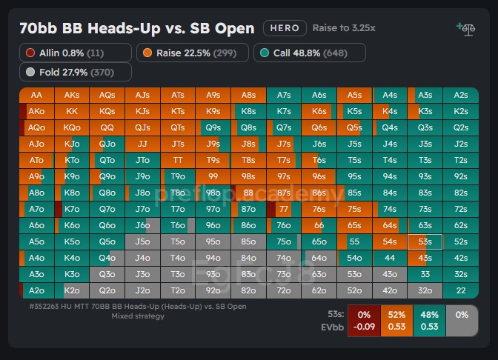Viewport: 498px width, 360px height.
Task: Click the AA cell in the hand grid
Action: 37,95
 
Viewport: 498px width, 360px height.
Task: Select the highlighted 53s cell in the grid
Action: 425,241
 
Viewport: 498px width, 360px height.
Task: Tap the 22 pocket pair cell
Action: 460,290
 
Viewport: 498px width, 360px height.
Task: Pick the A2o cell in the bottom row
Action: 37,290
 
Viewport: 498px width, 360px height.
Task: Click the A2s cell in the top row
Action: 460,95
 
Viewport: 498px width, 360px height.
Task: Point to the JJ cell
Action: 143,144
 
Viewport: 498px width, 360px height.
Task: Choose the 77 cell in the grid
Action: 284,209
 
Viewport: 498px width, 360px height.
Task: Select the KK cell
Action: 72,111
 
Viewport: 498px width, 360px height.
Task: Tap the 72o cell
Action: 284,290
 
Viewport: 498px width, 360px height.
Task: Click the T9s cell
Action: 213,160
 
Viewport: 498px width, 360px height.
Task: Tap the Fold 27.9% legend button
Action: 76,72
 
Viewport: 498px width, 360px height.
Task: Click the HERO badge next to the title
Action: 285,28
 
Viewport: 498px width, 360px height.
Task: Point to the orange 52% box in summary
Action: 396,320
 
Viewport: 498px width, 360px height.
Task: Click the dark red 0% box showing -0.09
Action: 363,320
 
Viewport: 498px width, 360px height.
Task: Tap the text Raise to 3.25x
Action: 344,28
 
